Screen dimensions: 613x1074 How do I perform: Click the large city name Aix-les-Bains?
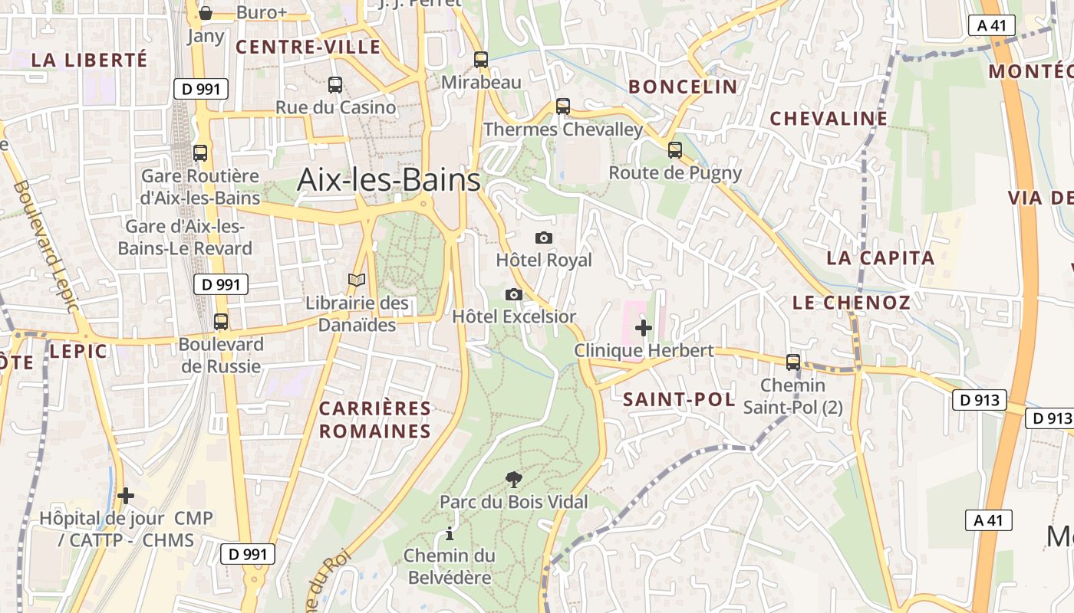click(389, 180)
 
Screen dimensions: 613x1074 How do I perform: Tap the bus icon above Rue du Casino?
click(335, 84)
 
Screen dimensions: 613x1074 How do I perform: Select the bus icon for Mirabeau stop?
click(481, 59)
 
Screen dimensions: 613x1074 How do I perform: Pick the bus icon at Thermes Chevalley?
click(563, 107)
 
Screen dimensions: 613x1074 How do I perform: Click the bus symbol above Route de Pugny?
click(675, 150)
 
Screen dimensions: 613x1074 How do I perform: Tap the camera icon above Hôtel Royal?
click(544, 238)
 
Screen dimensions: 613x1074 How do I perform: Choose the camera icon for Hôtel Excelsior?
click(514, 294)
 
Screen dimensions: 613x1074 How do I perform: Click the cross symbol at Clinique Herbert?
click(644, 328)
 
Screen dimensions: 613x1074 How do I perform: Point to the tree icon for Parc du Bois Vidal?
click(514, 480)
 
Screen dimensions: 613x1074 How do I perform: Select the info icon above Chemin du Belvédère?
click(450, 533)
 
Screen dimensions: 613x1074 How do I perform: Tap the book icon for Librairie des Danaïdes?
click(357, 280)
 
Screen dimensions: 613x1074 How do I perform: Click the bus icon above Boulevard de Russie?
click(221, 321)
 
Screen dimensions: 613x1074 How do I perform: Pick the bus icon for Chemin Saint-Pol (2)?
click(793, 362)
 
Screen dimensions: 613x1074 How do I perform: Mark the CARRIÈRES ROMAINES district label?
click(375, 420)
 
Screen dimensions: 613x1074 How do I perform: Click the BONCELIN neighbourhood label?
click(683, 87)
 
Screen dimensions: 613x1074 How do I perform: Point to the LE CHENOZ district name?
click(852, 303)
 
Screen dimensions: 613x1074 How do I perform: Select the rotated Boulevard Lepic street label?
click(46, 246)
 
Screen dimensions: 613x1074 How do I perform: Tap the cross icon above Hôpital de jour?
click(126, 496)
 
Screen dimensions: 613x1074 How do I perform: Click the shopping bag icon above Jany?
click(206, 12)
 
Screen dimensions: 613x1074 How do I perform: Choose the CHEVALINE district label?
click(829, 119)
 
